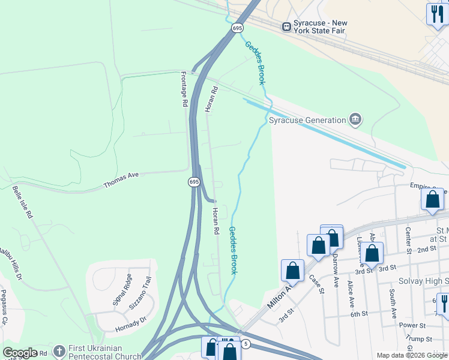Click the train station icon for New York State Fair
click(286, 26)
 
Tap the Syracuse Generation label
click(307, 120)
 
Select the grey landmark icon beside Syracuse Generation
click(355, 120)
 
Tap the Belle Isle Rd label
click(22, 203)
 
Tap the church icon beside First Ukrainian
click(59, 350)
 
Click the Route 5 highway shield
click(245, 344)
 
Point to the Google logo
click(20, 353)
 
